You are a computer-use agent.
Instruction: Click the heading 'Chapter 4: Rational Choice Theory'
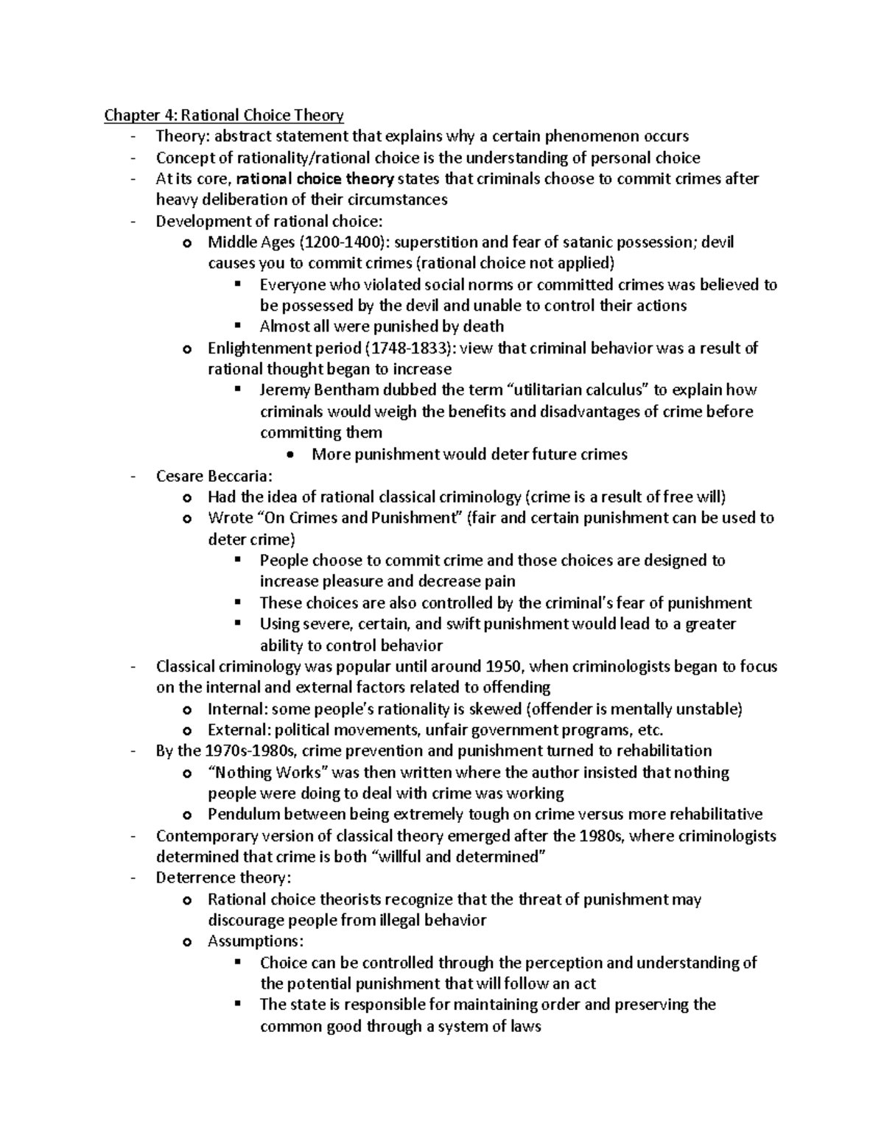[x=224, y=115]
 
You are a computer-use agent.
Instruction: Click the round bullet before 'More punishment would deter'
[x=293, y=455]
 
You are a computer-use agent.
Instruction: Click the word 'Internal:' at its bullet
[x=238, y=709]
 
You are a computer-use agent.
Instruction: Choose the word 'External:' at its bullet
[x=239, y=730]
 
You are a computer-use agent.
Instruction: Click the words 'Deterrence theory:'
[x=223, y=878]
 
